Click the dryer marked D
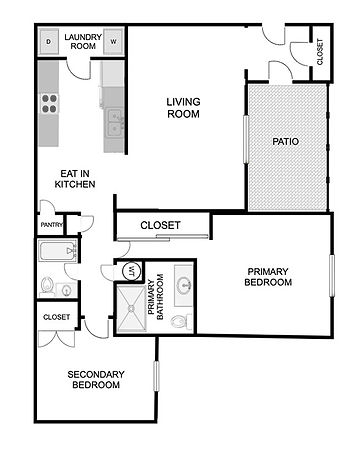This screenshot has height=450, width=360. [49, 42]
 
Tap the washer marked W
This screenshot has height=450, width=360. [113, 42]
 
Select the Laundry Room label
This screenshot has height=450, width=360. [83, 42]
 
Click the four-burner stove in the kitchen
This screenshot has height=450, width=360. [49, 104]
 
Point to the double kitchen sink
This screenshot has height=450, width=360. [114, 124]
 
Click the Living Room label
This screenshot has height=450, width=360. [183, 108]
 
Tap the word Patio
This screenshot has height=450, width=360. [286, 142]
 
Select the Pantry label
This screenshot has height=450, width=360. [51, 225]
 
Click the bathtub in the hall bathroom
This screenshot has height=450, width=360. [58, 251]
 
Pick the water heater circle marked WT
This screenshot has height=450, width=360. [132, 271]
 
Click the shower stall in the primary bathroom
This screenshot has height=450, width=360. [131, 309]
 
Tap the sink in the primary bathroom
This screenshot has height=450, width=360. [183, 285]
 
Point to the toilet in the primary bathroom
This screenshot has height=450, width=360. [181, 322]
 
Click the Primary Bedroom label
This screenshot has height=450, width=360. [268, 277]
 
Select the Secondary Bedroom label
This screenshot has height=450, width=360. [96, 380]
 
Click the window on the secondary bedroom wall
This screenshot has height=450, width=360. [156, 376]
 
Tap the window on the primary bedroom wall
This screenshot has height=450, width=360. [332, 275]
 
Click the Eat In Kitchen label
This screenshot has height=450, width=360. [75, 179]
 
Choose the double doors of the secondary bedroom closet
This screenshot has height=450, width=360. [57, 339]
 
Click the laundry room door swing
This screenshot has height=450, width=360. [79, 70]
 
